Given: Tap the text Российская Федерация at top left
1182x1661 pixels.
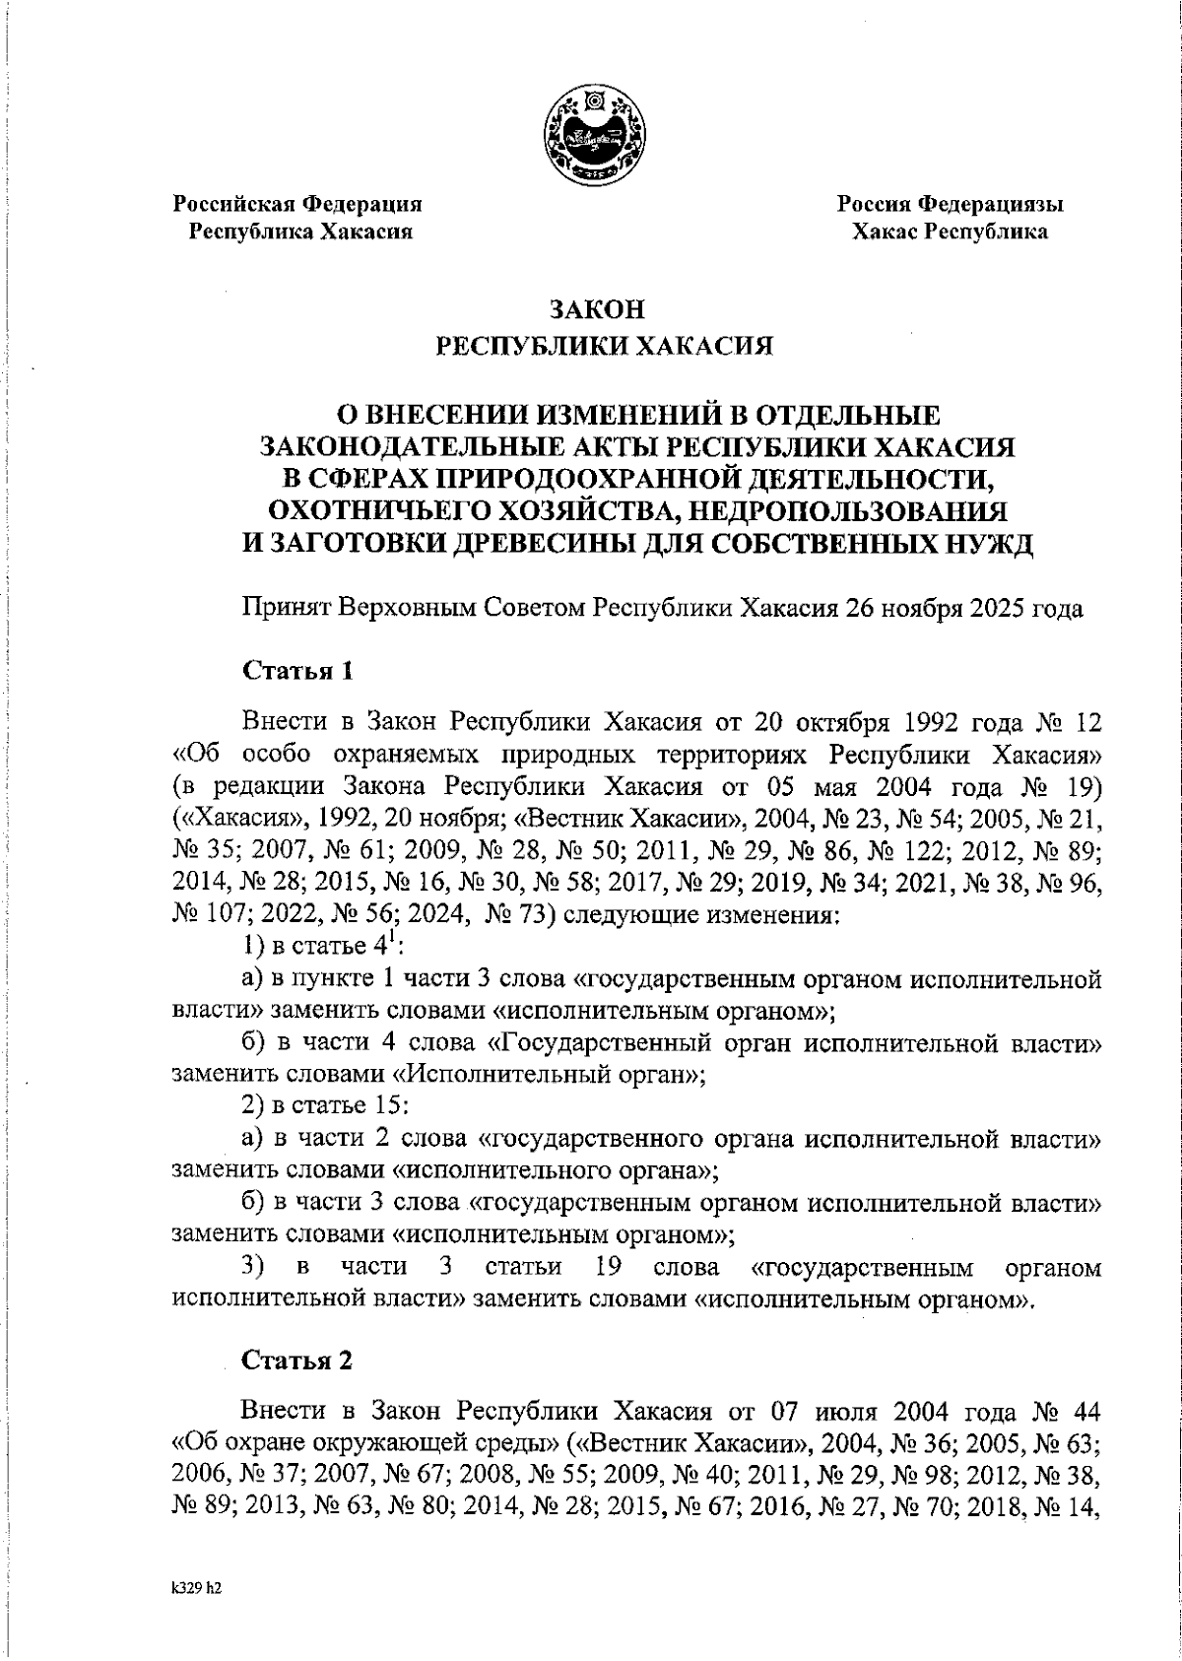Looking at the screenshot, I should click(x=297, y=204).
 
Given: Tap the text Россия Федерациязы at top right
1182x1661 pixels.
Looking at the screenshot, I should click(x=950, y=204).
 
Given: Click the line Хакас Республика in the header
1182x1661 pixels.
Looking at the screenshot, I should click(x=950, y=232).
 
